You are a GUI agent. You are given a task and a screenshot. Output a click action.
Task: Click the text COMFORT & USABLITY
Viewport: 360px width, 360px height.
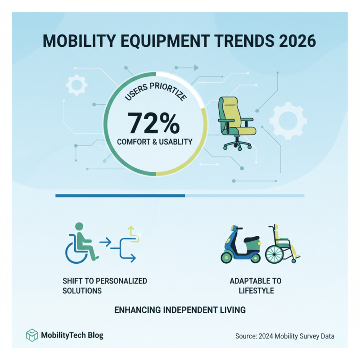pos(154,142)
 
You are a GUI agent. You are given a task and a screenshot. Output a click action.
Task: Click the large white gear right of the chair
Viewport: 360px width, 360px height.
pos(288,120)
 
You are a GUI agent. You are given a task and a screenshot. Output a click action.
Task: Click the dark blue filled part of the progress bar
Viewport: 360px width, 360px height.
pos(120,196)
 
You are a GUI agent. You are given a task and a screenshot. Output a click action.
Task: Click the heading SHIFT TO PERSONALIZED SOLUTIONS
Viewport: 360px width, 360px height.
pos(104,286)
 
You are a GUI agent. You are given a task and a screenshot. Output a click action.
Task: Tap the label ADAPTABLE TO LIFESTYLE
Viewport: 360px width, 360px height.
pos(255,286)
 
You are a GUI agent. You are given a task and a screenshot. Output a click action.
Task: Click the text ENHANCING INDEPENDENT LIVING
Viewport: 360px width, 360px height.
pos(180,310)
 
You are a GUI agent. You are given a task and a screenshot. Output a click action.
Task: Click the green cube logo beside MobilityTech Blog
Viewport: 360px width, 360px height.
pos(32,335)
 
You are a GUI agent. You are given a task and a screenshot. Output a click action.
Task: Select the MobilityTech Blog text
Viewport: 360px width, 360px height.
pos(72,336)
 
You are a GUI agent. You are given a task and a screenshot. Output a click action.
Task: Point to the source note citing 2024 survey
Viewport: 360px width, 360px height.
pos(285,336)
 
